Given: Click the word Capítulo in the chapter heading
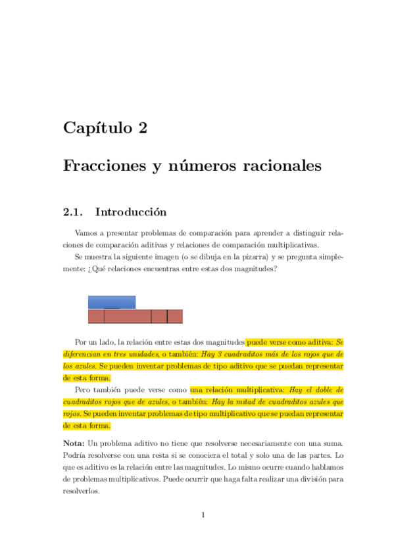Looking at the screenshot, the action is click(97, 128).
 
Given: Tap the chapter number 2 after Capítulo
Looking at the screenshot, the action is click(143, 128).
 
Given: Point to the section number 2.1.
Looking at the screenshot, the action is click(72, 212).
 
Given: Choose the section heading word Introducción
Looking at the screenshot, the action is click(131, 212).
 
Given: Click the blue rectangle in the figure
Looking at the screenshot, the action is click(112, 302).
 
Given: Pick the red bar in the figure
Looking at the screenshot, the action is click(135, 317).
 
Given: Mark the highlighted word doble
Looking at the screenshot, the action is click(324, 390).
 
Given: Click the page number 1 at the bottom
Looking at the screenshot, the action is click(203, 515).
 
